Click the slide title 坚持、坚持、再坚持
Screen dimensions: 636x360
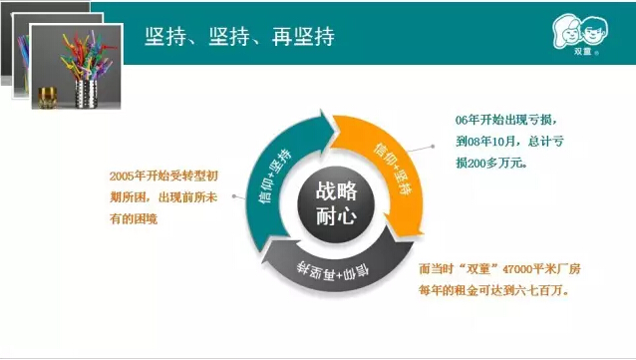click(x=239, y=36)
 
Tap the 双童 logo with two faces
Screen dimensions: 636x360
click(x=580, y=35)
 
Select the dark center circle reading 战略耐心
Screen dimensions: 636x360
click(x=336, y=204)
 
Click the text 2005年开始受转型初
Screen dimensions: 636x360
click(x=163, y=176)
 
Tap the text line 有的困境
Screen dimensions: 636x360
click(x=133, y=219)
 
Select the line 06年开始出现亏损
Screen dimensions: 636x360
click(x=505, y=120)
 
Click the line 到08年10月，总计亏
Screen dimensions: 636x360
click(x=509, y=142)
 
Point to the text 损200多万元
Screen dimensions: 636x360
click(x=491, y=163)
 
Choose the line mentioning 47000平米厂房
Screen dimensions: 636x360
click(x=499, y=268)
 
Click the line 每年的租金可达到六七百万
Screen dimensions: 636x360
click(x=493, y=290)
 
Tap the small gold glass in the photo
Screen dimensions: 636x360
click(x=48, y=98)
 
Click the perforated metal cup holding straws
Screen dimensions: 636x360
click(x=87, y=94)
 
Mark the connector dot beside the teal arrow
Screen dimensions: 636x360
click(x=234, y=196)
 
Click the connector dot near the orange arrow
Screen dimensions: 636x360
click(x=433, y=147)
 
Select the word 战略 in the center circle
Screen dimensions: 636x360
click(x=336, y=191)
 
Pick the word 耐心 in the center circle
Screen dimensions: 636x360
click(x=336, y=216)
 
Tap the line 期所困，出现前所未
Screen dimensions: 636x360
click(x=163, y=197)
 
